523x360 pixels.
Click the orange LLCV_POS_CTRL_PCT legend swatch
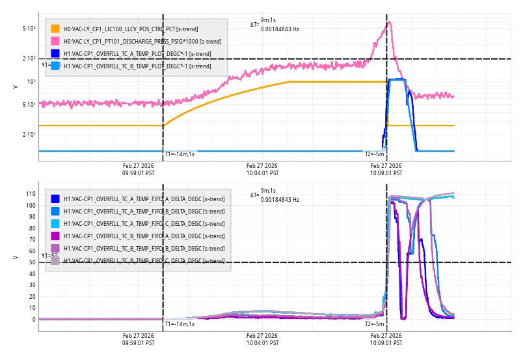(55, 29)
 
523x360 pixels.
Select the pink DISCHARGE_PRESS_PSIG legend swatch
(55, 42)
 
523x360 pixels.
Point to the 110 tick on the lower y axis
(29, 194)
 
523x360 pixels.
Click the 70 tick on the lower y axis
(31, 240)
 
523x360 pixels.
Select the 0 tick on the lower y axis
(33, 320)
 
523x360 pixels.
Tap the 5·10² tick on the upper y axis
(29, 29)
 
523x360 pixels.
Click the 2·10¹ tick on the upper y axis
(29, 135)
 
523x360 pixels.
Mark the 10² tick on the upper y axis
(31, 82)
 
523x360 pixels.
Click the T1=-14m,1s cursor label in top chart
(180, 154)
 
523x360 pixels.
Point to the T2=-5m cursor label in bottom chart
(375, 324)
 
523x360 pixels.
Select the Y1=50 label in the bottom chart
(50, 256)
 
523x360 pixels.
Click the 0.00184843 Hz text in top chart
(280, 29)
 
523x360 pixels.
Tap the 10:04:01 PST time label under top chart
(263, 174)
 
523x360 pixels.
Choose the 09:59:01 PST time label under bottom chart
(139, 343)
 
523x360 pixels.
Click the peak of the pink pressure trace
(389, 22)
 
